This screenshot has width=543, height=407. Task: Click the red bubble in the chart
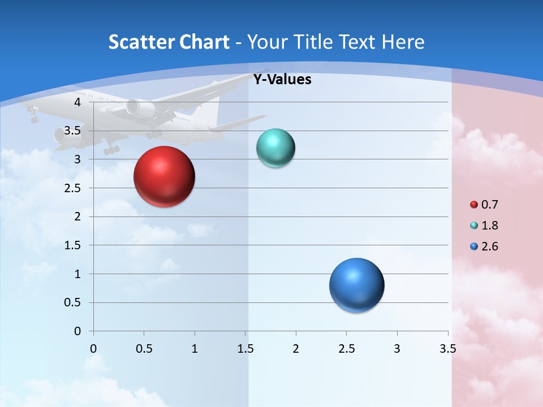[x=165, y=176]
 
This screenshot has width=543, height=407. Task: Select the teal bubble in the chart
[x=275, y=148]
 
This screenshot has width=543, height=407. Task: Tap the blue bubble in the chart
[x=356, y=285]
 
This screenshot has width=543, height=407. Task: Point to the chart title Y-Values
[x=282, y=80]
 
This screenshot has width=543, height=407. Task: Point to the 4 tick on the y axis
[x=77, y=102]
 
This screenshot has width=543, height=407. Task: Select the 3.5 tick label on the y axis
[x=73, y=131]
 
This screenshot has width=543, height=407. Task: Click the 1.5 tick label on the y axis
[x=73, y=245]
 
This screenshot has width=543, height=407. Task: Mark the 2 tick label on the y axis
[x=77, y=217]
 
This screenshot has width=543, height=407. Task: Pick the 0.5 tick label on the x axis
[x=144, y=348]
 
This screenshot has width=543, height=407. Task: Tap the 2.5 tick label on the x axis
[x=346, y=348]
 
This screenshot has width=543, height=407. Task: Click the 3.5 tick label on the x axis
[x=447, y=348]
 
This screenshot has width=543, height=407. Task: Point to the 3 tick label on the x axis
[x=397, y=348]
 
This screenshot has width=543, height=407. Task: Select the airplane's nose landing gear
[x=34, y=118]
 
